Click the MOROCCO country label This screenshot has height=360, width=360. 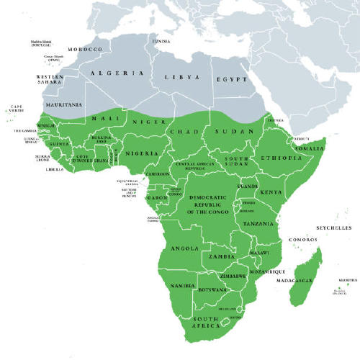(x=84, y=50)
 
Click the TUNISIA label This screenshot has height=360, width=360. (x=161, y=41)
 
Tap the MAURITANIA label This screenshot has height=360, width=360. (x=63, y=104)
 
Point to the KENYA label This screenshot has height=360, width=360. (x=271, y=192)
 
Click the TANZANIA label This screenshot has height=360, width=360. (x=258, y=224)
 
